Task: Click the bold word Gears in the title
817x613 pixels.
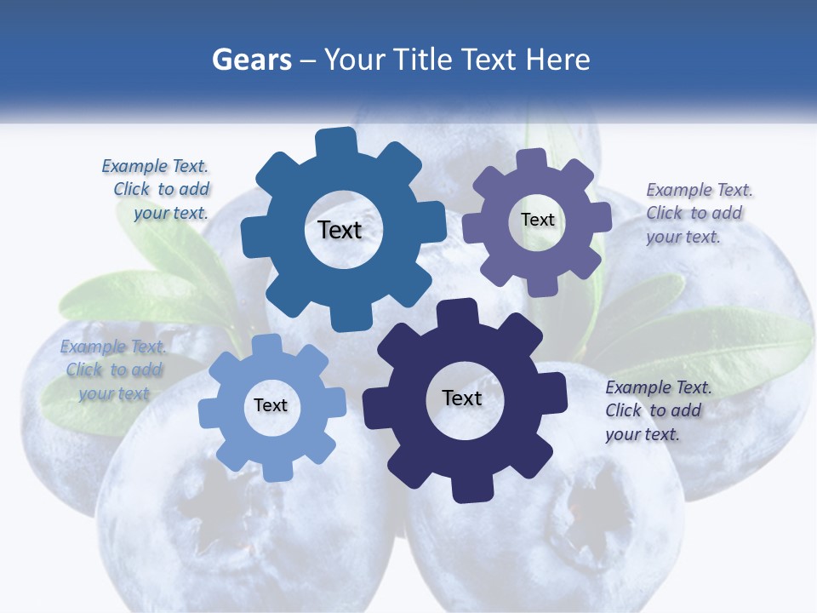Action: click(x=252, y=60)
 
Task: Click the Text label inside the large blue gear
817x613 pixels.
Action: click(x=340, y=230)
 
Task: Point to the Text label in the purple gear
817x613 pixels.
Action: click(x=537, y=220)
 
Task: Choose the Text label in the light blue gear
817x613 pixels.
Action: click(x=271, y=405)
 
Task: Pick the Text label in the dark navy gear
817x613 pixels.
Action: click(x=462, y=398)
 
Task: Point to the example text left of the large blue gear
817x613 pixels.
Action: click(x=157, y=189)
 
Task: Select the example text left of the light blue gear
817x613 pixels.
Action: click(x=112, y=370)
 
